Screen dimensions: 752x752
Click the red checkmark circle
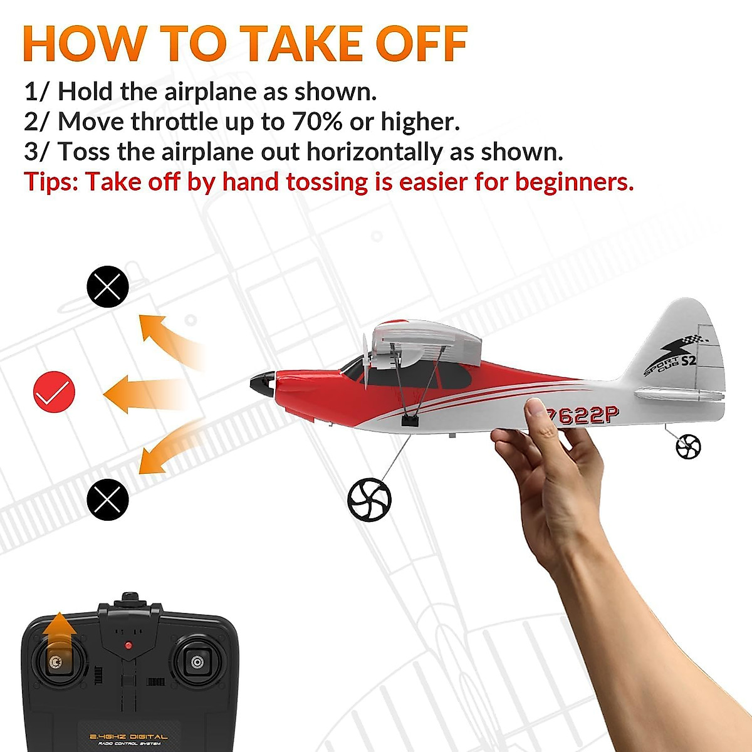pyautogui.click(x=54, y=392)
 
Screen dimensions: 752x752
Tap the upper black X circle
pyautogui.click(x=107, y=286)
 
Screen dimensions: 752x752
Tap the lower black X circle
pyautogui.click(x=107, y=499)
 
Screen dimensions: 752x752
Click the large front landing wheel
pyautogui.click(x=369, y=499)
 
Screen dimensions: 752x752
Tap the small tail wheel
pyautogui.click(x=688, y=447)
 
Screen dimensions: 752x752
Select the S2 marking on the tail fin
pyautogui.click(x=688, y=360)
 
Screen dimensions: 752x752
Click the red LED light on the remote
pyautogui.click(x=128, y=645)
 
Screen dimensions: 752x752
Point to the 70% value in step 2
pyautogui.click(x=317, y=122)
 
